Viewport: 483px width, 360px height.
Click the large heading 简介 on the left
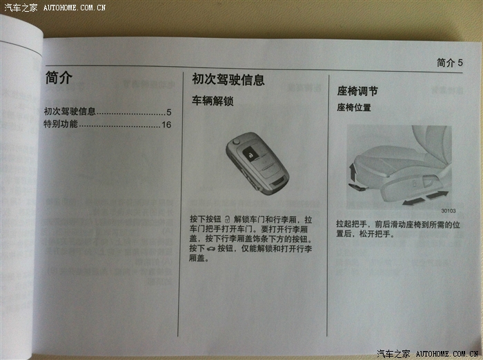(59, 77)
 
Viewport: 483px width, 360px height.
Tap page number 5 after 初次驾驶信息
(169, 112)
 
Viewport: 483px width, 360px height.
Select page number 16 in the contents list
(166, 125)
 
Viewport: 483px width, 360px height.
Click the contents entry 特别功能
(61, 124)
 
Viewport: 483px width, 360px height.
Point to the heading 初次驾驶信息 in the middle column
(228, 79)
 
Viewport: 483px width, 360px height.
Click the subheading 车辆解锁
(213, 101)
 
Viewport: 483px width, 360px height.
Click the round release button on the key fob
(236, 141)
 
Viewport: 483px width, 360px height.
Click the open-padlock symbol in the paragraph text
(227, 219)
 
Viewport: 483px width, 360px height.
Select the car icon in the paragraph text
(211, 249)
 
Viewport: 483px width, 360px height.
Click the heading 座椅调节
(357, 91)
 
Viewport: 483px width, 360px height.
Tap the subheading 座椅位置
(354, 108)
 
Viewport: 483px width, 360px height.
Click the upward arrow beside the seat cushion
(353, 172)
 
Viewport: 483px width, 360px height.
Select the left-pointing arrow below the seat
(414, 201)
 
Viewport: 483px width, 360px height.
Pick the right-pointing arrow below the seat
(437, 194)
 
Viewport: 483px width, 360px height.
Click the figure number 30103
(448, 211)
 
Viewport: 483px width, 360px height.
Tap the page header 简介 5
(450, 63)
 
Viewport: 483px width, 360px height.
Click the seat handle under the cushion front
(357, 186)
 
